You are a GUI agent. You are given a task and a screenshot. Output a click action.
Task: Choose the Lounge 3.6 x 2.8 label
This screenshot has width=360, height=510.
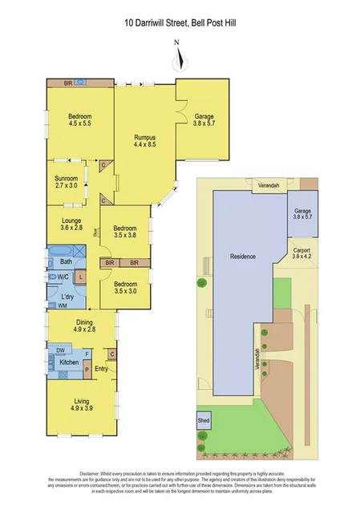[71, 224]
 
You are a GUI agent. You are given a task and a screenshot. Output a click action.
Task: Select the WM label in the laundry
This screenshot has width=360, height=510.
[62, 306]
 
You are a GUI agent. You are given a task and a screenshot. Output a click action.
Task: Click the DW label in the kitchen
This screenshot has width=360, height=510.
[60, 350]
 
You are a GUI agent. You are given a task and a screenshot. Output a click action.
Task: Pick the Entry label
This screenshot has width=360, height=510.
[101, 368]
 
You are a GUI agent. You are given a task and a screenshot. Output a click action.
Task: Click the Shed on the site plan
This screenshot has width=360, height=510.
[203, 420]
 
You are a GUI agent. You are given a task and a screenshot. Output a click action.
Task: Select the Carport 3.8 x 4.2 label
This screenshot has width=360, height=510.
[301, 253]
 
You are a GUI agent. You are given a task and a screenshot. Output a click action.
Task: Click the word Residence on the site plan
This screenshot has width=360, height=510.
[243, 257]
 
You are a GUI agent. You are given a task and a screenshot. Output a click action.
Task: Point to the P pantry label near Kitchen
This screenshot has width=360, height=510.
[87, 370]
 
